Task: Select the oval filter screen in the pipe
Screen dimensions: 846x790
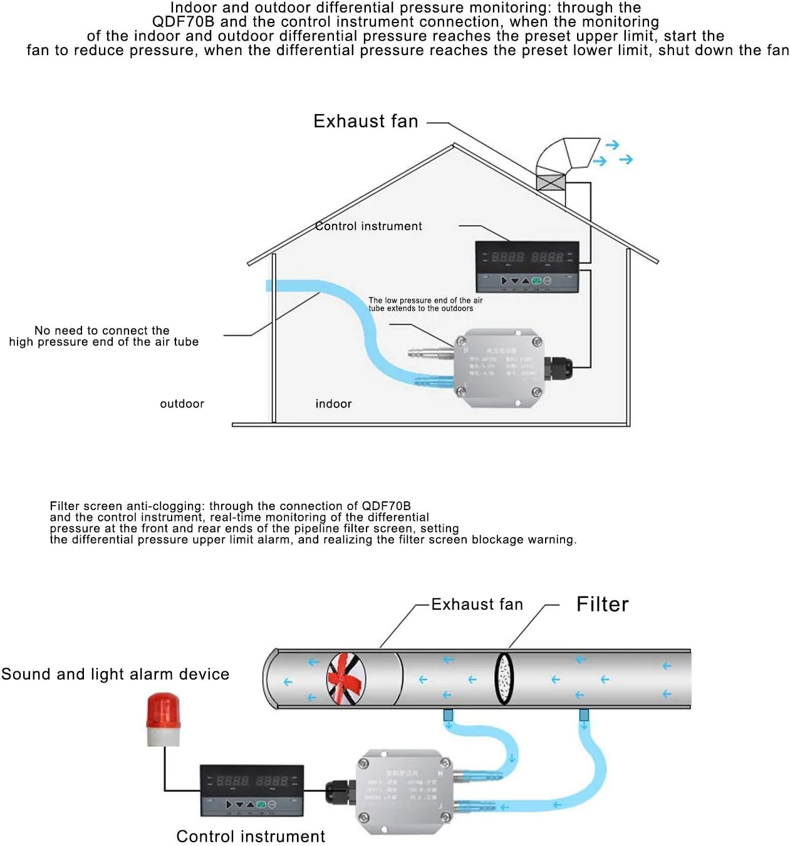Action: click(504, 679)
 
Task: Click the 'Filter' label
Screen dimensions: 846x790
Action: click(602, 604)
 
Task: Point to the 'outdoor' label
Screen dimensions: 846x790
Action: click(182, 404)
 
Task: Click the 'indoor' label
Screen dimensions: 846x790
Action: click(333, 404)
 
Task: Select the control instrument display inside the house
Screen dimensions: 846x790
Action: click(527, 267)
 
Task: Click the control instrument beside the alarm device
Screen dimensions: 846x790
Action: click(252, 790)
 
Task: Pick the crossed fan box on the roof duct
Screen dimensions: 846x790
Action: click(551, 182)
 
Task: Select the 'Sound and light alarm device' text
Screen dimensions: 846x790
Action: click(115, 674)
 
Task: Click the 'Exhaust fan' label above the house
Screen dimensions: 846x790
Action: click(366, 121)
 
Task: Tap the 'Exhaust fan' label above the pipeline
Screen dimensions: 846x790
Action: click(477, 605)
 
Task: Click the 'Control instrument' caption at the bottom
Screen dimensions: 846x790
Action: click(251, 837)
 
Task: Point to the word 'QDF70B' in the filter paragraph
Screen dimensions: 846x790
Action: click(386, 506)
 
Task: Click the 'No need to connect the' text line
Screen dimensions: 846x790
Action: click(102, 330)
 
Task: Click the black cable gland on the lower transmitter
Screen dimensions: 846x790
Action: click(339, 792)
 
